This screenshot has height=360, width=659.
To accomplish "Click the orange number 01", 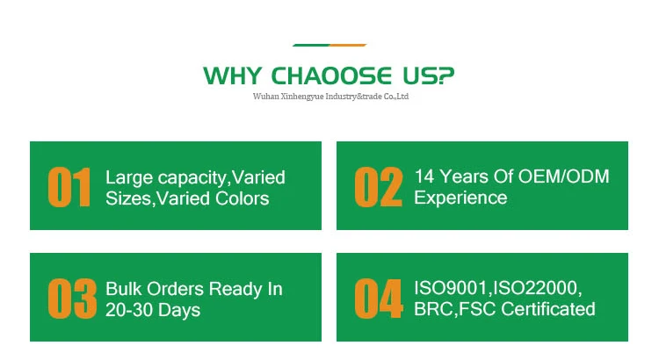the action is (69, 187).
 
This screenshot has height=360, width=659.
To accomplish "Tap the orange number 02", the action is (378, 187).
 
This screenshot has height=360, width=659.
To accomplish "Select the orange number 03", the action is (72, 299).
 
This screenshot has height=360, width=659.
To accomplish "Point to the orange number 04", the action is (379, 299).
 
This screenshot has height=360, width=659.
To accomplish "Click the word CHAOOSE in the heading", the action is (331, 76).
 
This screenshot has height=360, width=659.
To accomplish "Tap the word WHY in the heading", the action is (233, 76).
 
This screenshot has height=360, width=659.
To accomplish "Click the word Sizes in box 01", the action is (128, 198).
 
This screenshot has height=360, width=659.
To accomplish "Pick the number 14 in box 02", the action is (424, 176).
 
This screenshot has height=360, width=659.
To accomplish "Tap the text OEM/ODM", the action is (563, 176).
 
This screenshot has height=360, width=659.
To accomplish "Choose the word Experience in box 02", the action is (460, 198).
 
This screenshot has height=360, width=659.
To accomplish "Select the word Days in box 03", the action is (179, 311).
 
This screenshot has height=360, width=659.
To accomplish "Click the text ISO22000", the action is (536, 289).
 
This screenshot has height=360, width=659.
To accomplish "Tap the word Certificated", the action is (548, 310).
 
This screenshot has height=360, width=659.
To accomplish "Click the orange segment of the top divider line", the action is (348, 45).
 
